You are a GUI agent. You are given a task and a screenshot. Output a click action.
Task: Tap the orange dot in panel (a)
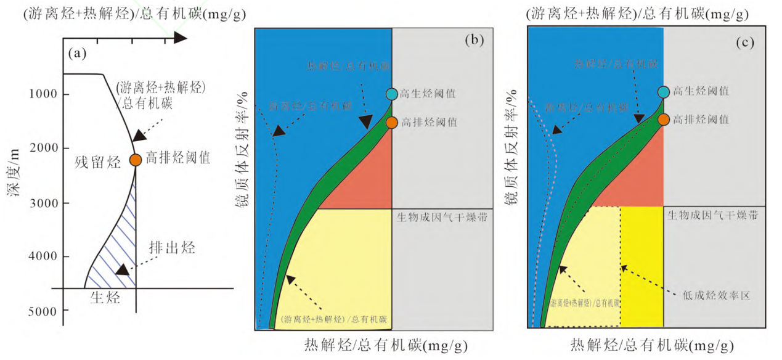136,159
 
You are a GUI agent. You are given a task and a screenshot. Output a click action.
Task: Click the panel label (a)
78,54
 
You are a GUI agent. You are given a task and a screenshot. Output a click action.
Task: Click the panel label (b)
475,41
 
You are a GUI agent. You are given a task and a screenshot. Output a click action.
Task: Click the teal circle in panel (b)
392,94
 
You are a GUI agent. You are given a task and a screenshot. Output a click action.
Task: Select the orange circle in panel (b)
392,122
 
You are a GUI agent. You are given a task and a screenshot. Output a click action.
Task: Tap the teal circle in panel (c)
663,92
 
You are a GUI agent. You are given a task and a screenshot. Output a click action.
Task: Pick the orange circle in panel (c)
663,120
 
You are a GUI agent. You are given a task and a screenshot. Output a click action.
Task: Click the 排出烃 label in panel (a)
172,248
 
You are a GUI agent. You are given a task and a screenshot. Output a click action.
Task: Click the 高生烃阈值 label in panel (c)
702,91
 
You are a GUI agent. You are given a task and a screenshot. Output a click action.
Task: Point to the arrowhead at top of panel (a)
180,38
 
